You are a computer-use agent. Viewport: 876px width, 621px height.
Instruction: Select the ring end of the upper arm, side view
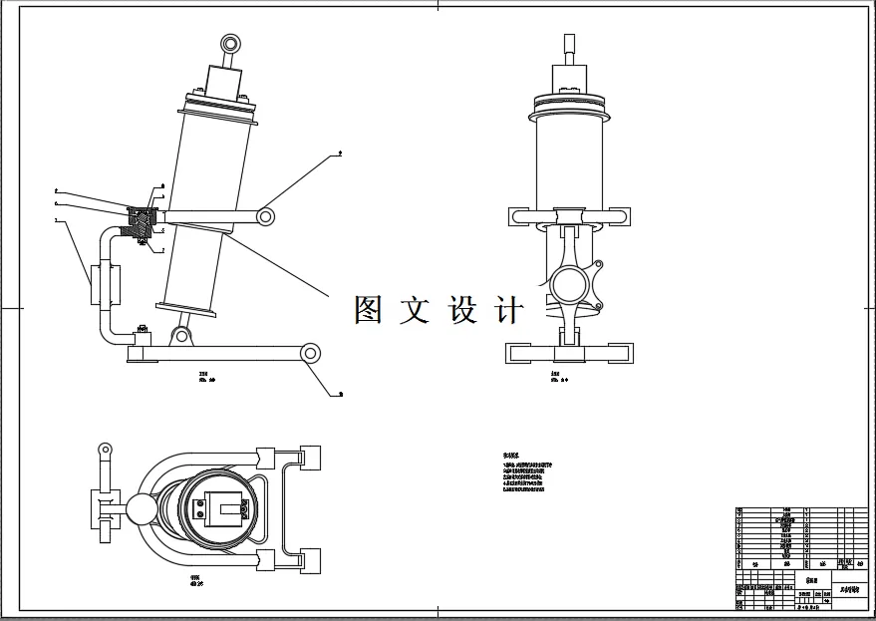click(266, 215)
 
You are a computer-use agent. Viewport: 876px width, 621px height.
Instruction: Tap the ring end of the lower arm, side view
click(310, 352)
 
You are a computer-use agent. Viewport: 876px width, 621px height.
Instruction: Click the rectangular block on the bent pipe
click(105, 285)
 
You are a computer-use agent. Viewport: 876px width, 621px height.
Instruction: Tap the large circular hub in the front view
click(567, 290)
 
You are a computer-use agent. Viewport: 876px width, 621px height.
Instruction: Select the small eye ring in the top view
click(103, 451)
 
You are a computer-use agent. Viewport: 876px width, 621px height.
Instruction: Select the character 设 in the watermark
click(464, 310)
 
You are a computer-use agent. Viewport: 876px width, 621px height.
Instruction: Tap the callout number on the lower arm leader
click(341, 395)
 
